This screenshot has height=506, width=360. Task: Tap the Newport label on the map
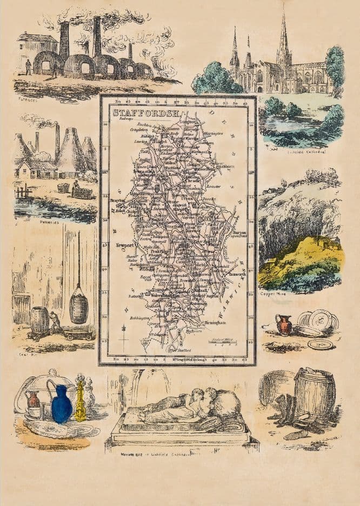[125, 245]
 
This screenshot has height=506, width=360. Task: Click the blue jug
[61, 404]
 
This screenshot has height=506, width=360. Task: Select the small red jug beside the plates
[283, 325]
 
